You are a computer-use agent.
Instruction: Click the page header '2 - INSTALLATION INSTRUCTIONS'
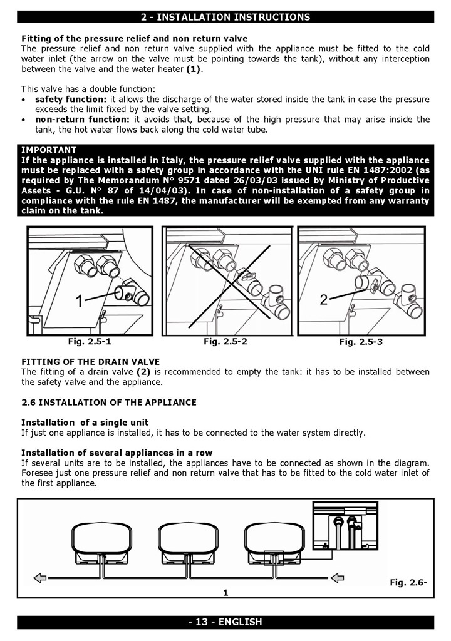coord(225,17)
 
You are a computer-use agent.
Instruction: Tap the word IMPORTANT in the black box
coord(49,150)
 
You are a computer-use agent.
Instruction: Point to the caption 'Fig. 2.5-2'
coord(225,342)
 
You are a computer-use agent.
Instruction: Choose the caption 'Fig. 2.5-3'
coord(361,342)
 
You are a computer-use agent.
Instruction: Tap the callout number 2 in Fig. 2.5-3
coord(324,300)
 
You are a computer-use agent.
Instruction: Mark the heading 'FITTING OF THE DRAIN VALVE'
coord(90,362)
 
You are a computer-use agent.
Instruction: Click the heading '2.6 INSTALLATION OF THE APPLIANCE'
coord(109,402)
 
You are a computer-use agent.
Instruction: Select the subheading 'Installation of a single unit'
coord(85,423)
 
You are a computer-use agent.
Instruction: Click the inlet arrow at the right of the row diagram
coord(338,577)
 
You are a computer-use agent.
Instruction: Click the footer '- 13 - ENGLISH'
coord(225,622)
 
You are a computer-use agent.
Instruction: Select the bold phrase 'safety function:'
coord(71,100)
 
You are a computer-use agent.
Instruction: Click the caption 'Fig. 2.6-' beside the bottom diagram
coord(408,582)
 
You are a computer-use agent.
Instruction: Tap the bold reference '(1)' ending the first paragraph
coord(194,69)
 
